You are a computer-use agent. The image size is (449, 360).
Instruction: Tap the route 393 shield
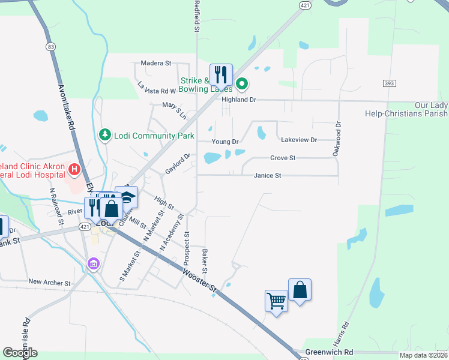389,83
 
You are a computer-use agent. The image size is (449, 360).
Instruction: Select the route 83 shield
50,46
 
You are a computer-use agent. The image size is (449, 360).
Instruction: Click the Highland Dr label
239,100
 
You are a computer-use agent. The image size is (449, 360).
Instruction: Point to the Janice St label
267,176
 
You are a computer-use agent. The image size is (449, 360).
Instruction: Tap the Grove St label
283,158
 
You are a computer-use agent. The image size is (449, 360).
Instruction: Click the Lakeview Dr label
298,140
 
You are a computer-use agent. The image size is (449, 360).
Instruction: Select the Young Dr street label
225,142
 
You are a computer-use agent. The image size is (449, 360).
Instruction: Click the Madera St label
156,63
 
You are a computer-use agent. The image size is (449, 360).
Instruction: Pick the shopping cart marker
276,300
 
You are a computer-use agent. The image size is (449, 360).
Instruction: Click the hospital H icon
74,170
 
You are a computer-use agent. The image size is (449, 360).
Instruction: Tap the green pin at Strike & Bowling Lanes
241,83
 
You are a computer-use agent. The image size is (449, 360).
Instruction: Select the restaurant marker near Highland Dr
221,75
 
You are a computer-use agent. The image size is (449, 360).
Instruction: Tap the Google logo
20,353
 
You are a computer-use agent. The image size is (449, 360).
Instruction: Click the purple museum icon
93,263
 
